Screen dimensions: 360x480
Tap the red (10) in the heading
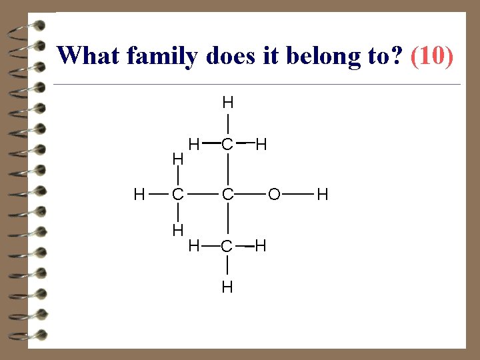(433, 55)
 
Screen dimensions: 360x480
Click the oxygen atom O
(274, 195)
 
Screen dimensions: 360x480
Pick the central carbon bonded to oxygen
(227, 195)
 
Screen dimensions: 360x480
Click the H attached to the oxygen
(322, 195)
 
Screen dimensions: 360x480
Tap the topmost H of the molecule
(227, 103)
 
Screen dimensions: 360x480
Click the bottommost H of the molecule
(227, 287)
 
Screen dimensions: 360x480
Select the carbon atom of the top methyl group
(227, 143)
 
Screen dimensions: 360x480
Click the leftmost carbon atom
(177, 195)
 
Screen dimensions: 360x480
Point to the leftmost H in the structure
(139, 195)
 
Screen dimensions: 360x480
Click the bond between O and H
(298, 195)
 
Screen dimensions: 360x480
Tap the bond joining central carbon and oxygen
(251, 195)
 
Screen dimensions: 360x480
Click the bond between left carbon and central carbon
(202, 195)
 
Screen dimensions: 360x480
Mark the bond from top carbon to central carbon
(227, 169)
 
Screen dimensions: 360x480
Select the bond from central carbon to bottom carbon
(227, 220)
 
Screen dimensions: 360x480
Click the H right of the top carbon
(261, 143)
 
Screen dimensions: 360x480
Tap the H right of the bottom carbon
(261, 246)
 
